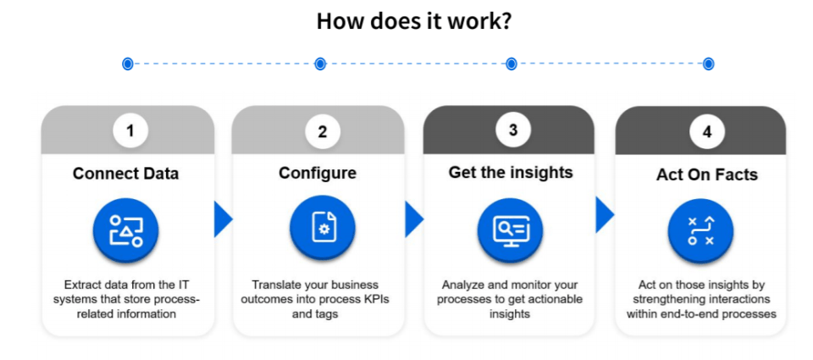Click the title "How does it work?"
[413, 21]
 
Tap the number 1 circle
[130, 130]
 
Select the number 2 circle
[322, 131]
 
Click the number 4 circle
[705, 131]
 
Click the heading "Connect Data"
[127, 174]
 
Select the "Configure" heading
[318, 174]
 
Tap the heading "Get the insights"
[511, 173]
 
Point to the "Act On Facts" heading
[707, 175]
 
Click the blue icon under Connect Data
[126, 230]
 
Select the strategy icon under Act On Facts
[701, 230]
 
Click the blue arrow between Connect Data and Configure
[223, 219]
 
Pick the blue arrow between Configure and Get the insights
[414, 219]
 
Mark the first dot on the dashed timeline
[128, 64]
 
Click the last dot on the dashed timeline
[709, 64]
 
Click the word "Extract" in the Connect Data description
[83, 285]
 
